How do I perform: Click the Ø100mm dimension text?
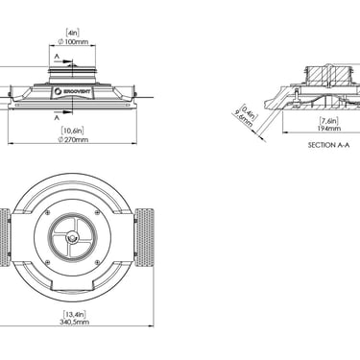[x=72, y=41]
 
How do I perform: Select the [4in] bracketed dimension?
[x=72, y=33]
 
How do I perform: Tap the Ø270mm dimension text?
[x=72, y=140]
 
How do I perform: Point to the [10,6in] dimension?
[x=73, y=131]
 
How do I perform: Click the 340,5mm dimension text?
[x=74, y=322]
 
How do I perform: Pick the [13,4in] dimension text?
[x=74, y=314]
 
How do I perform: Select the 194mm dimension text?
[x=329, y=129]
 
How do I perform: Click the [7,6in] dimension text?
[x=329, y=121]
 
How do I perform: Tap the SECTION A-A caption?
[x=328, y=145]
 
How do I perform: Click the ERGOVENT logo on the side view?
[x=72, y=91]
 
